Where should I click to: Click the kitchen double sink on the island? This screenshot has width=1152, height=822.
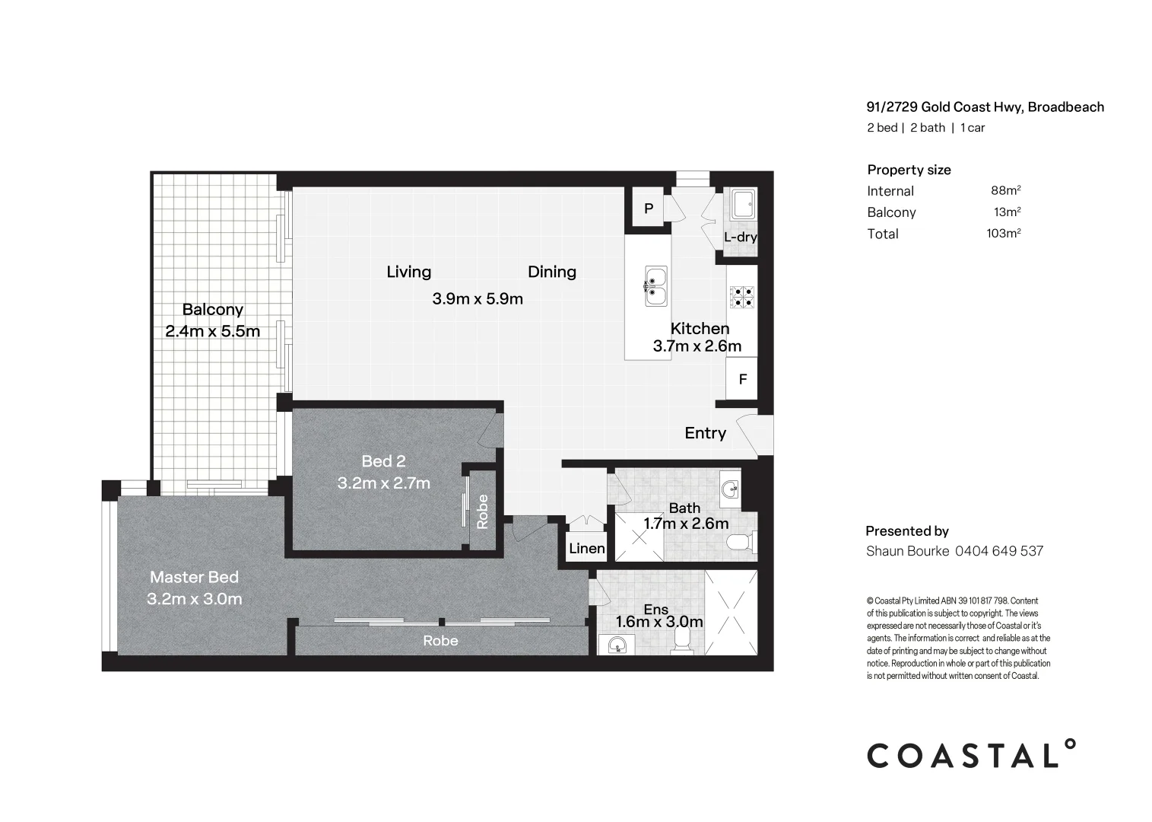[655, 286]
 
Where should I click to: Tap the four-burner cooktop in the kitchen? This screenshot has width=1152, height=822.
[741, 296]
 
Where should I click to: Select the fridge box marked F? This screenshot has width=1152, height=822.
[742, 379]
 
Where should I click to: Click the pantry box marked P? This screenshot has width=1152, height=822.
[649, 208]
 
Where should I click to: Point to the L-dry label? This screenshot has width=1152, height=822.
[740, 237]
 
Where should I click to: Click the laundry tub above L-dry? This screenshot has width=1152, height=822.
[742, 203]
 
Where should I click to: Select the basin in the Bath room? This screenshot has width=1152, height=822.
[730, 489]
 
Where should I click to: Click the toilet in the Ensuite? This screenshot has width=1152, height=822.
[683, 640]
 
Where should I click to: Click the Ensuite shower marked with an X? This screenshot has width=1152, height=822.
[731, 612]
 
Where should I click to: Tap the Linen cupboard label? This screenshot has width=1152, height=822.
[587, 549]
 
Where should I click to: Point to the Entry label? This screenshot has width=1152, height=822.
[705, 433]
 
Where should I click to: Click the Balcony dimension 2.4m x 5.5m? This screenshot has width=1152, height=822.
[212, 331]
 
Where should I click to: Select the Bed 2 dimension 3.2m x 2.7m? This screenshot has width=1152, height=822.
[383, 483]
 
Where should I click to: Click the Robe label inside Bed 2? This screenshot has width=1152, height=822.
[483, 511]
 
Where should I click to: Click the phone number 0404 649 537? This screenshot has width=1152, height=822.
[998, 551]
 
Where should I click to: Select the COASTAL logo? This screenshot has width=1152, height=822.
[972, 754]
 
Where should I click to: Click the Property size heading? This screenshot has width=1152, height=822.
[909, 170]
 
